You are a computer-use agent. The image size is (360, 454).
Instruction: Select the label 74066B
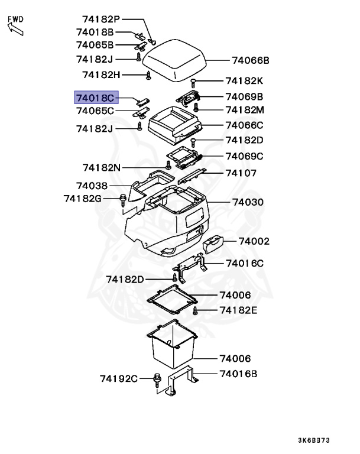click(251, 60)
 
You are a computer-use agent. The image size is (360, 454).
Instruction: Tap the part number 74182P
click(100, 19)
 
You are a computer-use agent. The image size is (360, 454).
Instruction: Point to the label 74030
click(248, 202)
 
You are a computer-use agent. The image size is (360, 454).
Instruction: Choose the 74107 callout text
click(241, 173)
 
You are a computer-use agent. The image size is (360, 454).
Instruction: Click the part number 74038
click(92, 186)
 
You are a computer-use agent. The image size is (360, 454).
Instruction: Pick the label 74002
click(254, 241)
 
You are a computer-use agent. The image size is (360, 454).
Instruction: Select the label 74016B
click(239, 374)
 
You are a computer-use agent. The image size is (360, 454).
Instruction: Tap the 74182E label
click(239, 310)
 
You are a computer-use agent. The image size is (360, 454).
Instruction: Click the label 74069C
click(244, 156)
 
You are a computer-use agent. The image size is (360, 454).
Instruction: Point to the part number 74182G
click(83, 198)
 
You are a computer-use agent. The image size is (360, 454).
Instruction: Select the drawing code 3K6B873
click(314, 440)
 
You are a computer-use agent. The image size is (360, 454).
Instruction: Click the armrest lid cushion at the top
click(176, 58)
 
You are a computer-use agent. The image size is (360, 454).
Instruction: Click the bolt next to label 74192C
click(157, 378)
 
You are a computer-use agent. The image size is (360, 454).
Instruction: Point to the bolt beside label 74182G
click(122, 198)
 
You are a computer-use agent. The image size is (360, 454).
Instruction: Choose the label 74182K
click(244, 81)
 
